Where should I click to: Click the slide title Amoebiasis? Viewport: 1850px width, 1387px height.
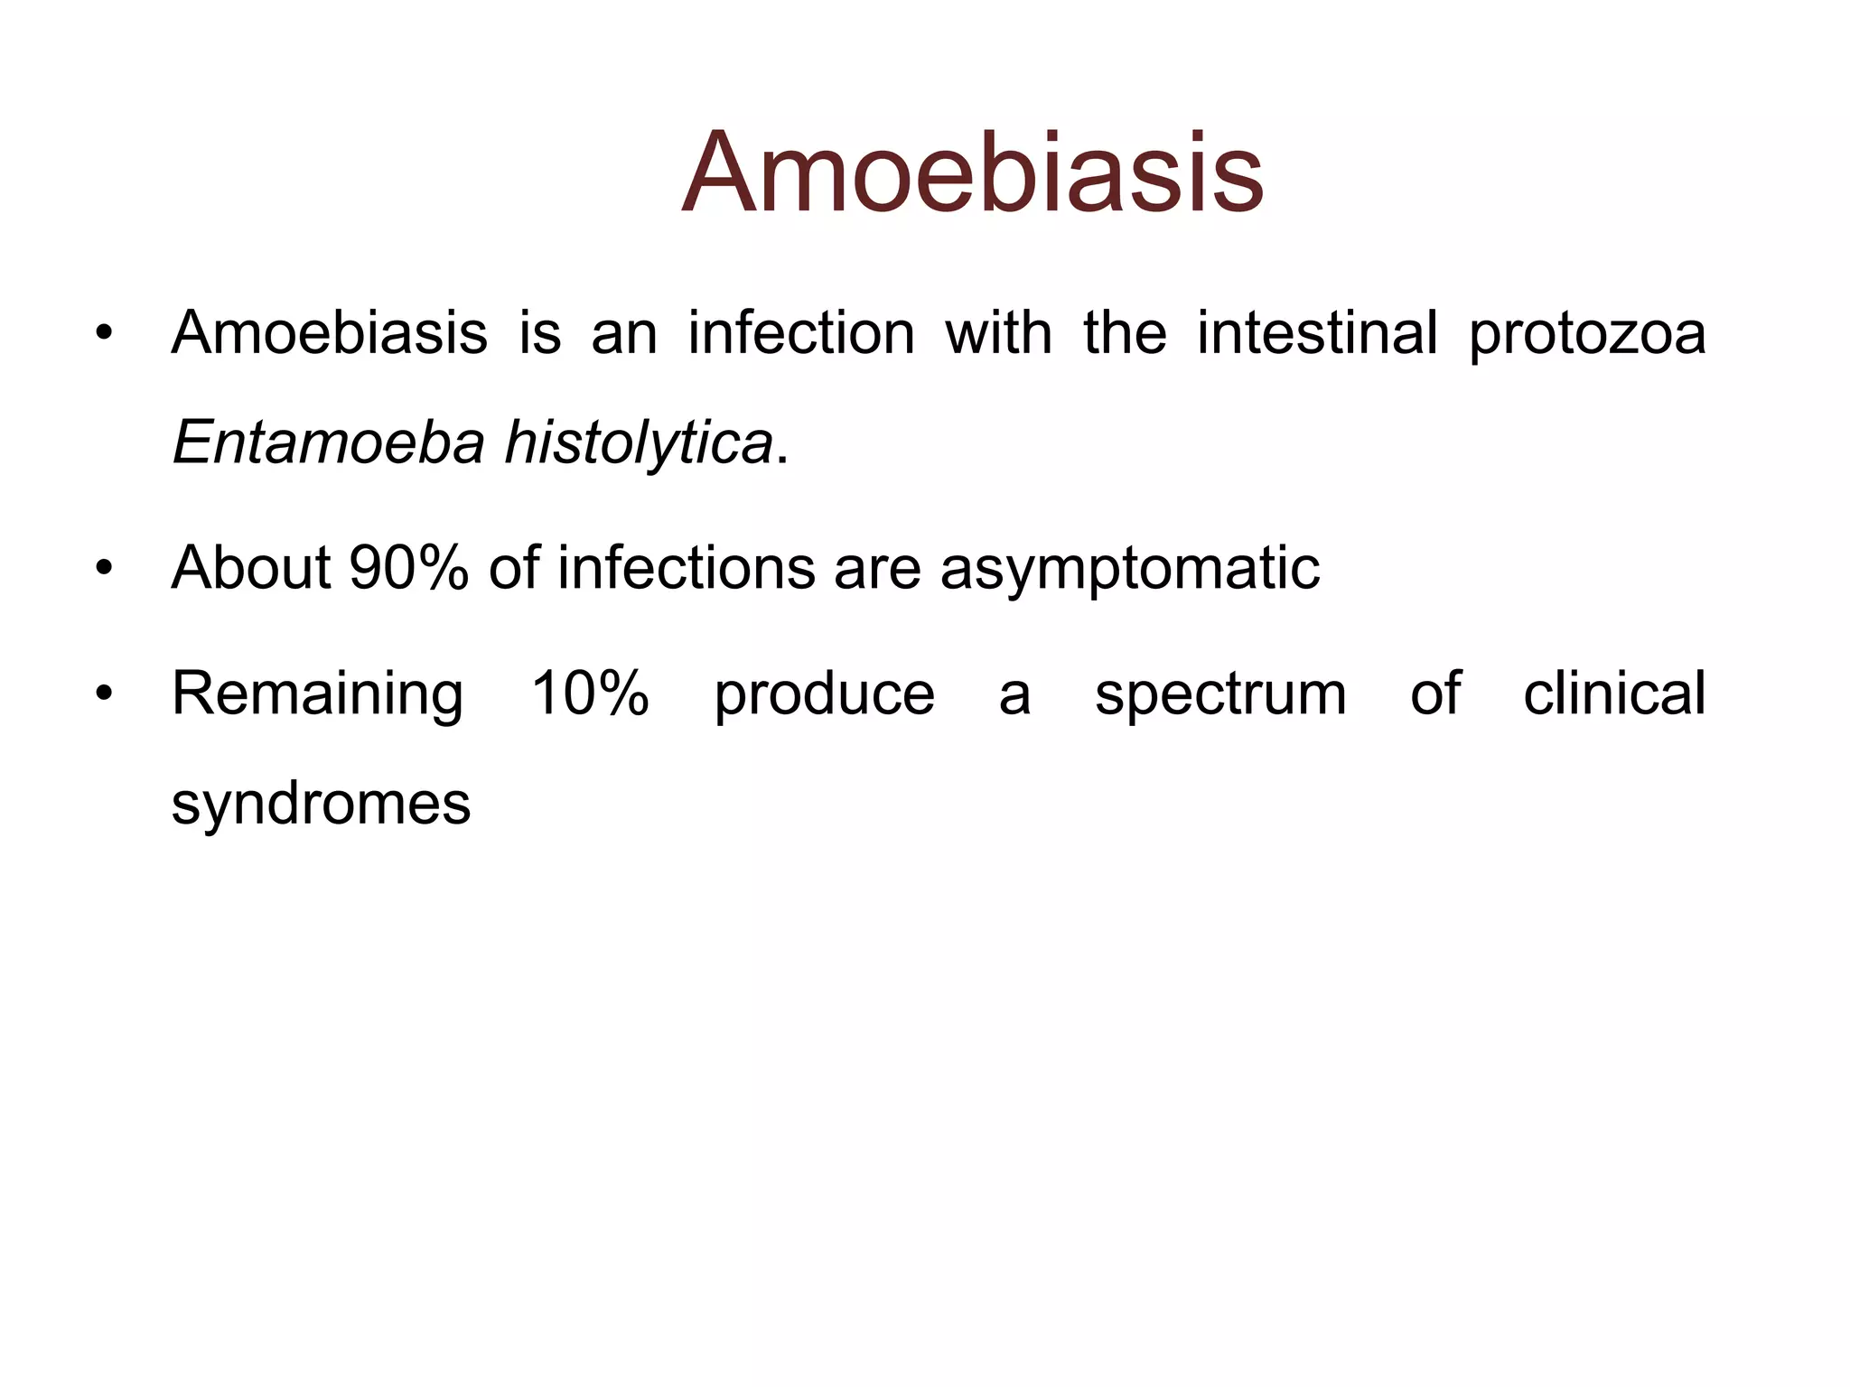[x=972, y=173]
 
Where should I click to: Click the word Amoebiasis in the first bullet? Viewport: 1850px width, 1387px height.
[x=330, y=333]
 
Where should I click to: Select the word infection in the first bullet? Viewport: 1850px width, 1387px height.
[x=801, y=333]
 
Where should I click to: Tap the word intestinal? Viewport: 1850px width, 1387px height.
[x=1317, y=333]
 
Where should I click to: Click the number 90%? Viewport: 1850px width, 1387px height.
[x=408, y=569]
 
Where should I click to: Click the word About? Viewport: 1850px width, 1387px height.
[x=251, y=569]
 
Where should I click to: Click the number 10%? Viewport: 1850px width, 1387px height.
[x=590, y=694]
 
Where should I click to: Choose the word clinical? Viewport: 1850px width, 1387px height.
[x=1614, y=694]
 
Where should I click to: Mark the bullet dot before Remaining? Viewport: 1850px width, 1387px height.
[x=105, y=694]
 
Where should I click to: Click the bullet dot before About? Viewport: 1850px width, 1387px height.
[x=105, y=569]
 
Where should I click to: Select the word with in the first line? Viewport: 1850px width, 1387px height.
[x=999, y=333]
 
